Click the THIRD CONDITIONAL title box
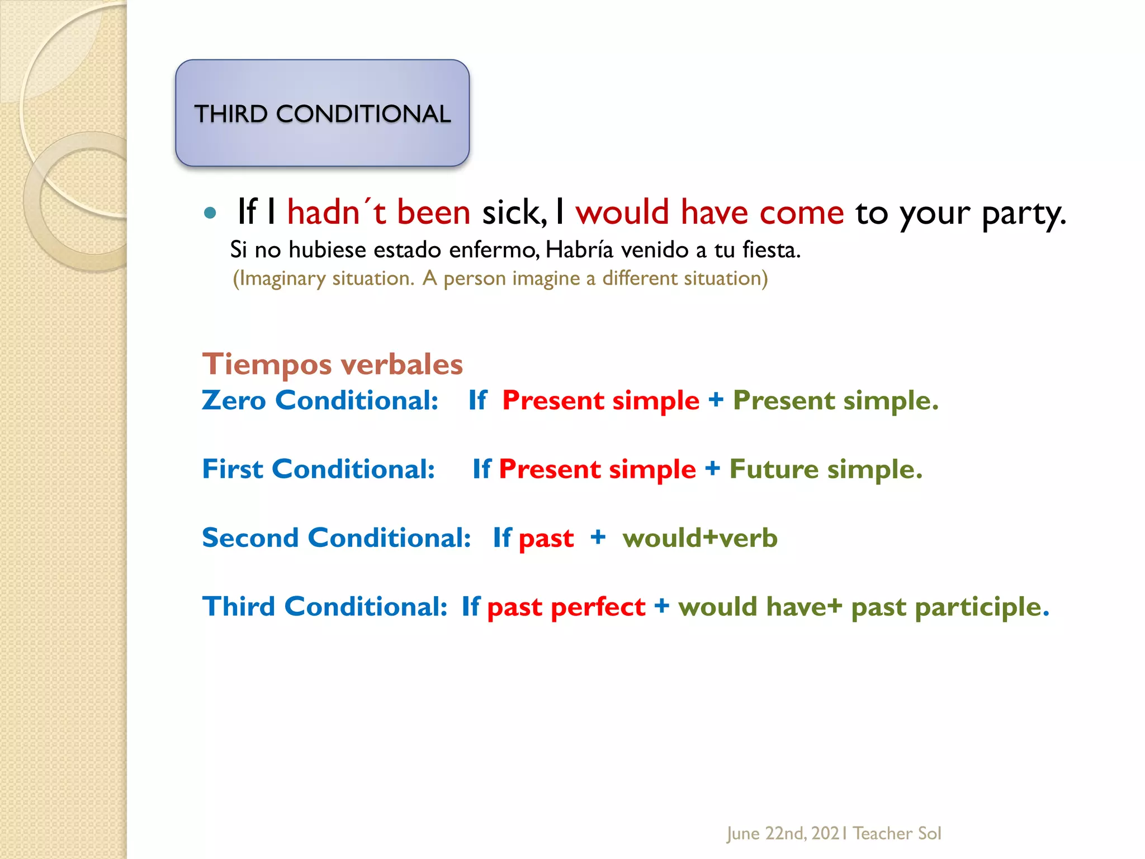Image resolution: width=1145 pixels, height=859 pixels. click(322, 113)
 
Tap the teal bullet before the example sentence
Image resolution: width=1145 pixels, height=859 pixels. click(210, 213)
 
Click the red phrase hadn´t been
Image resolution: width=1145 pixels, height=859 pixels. click(378, 213)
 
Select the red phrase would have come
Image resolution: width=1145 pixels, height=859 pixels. click(709, 213)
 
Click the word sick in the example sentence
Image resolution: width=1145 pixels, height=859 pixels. click(513, 213)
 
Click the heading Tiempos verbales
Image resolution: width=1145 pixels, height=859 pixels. click(333, 364)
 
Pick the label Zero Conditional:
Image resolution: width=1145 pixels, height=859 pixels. click(320, 400)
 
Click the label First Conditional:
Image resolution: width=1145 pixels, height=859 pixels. click(318, 469)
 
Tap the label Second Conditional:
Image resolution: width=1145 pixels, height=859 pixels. click(337, 538)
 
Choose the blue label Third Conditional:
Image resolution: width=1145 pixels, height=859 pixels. click(325, 607)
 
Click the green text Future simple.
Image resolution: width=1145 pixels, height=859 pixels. click(826, 469)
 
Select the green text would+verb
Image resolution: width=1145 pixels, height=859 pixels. click(700, 538)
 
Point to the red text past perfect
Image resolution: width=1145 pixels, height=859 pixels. click(566, 607)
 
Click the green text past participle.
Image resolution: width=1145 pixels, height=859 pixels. click(949, 607)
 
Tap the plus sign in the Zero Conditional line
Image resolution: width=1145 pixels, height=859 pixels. click(716, 400)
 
